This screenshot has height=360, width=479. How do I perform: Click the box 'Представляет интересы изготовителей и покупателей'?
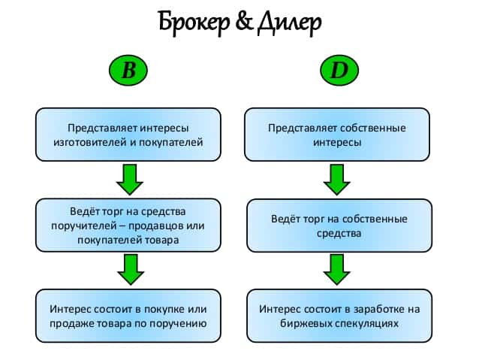tap(128, 135)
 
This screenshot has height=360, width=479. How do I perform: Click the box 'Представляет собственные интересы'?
tap(338, 135)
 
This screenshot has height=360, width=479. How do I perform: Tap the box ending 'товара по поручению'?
tap(128, 316)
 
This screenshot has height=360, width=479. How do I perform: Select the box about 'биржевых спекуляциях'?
tap(338, 316)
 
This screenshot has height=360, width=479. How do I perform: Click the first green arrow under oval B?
tap(129, 179)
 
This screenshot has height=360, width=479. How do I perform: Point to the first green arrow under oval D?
tap(339, 179)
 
